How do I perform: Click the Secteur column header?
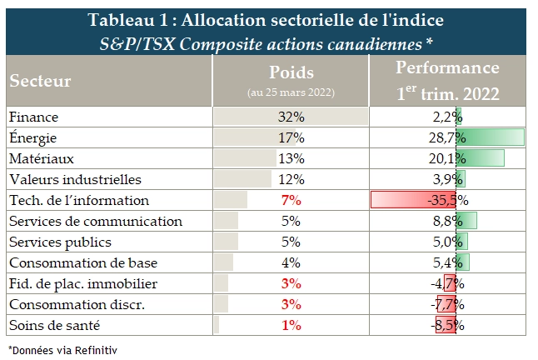pos(41,82)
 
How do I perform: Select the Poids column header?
pos(291,72)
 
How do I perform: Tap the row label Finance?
pos(31,116)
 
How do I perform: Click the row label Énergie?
pos(32,137)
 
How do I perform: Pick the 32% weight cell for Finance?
pos(291,116)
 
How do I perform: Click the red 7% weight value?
pos(291,200)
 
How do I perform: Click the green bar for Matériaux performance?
pos(483,157)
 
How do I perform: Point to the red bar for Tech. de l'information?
pos(408,200)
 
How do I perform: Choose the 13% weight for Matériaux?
pos(291,157)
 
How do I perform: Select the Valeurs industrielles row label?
pos(76,179)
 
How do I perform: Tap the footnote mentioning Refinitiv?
pos(62,350)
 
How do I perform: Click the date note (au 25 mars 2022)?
pos(291,92)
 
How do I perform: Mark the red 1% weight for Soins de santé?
pos(291,325)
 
